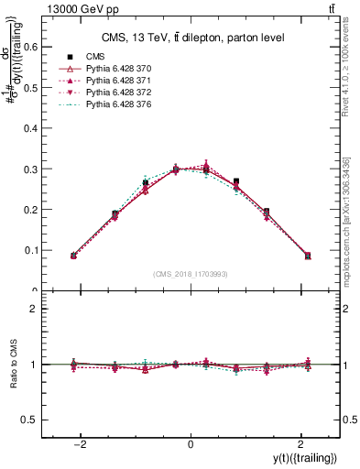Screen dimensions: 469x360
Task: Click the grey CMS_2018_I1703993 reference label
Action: (191, 273)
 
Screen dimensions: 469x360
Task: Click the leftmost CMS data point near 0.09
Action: (73, 256)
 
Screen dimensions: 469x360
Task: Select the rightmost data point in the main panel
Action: (308, 256)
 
